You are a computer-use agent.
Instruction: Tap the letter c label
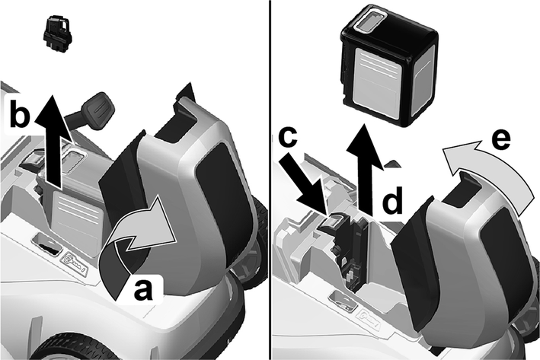point(288,137)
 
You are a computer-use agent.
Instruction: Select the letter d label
point(392,199)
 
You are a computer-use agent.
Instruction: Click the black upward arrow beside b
point(50,141)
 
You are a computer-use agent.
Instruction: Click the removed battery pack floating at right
point(388,65)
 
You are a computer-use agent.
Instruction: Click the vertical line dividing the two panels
point(270,180)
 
